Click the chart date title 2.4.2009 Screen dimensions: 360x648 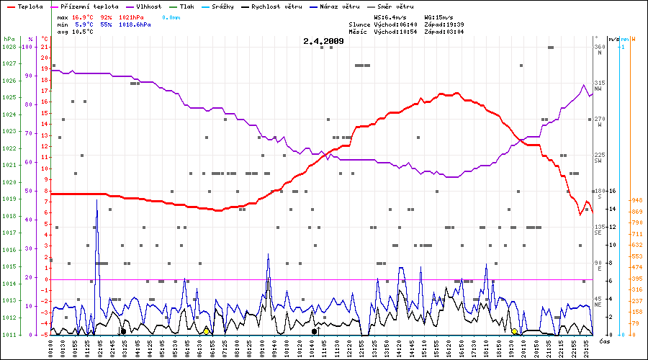pos(323,41)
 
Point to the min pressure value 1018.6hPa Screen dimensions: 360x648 pos(135,24)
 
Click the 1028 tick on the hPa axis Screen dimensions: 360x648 pos(9,47)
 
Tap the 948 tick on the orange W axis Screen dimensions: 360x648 pos(636,200)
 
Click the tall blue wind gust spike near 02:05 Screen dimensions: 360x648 pos(97,202)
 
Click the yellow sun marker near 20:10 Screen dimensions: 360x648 pos(514,331)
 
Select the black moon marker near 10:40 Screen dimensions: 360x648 pos(315,331)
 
